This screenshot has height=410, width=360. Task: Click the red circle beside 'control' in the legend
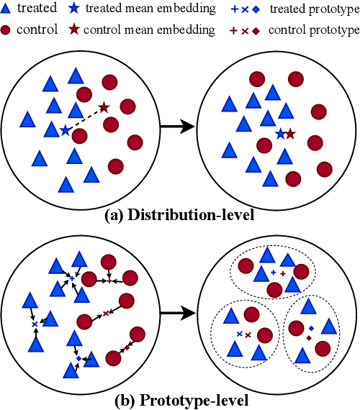click(8, 31)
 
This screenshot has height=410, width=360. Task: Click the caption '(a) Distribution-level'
click(180, 215)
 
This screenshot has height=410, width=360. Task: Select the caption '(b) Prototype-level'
click(180, 399)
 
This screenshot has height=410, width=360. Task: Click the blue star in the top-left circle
click(66, 129)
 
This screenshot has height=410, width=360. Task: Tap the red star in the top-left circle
click(104, 107)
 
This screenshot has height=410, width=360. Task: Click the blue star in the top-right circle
click(280, 133)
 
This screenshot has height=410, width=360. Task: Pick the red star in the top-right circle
click(289, 133)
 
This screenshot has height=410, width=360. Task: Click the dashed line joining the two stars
click(85, 119)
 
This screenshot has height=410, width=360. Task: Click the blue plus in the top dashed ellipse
click(273, 273)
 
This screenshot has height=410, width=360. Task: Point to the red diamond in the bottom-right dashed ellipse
click(309, 337)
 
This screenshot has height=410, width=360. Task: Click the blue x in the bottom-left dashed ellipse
click(239, 334)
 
